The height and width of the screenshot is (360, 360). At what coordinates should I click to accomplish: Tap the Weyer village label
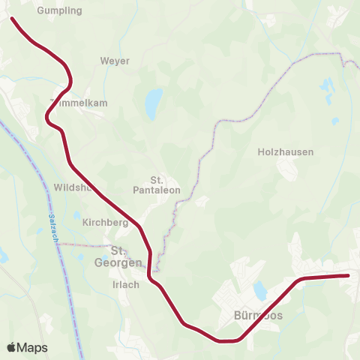point(115,61)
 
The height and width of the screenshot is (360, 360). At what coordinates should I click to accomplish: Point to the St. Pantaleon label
point(157,185)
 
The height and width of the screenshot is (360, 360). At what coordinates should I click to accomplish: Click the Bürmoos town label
point(258,316)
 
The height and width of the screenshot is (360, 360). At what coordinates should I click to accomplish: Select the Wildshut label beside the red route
point(73,187)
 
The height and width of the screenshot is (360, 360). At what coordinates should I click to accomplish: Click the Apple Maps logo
point(26,347)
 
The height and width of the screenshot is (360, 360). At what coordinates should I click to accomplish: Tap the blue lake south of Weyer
point(154,103)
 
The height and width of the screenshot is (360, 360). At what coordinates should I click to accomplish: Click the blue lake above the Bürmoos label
point(260,290)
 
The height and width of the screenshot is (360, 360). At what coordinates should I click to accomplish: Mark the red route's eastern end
point(348,276)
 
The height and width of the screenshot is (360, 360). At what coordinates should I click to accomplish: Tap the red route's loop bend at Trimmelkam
point(48,116)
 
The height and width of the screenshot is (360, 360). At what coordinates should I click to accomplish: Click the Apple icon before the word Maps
point(12,347)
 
